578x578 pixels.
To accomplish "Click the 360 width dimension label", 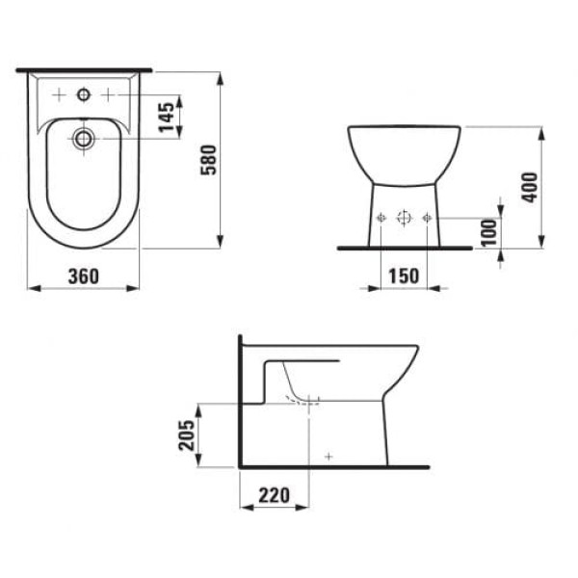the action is (x=83, y=276).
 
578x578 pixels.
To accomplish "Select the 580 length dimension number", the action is (x=208, y=160).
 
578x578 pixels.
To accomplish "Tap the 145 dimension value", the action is (x=167, y=118).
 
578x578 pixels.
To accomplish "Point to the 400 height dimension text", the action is (x=530, y=187).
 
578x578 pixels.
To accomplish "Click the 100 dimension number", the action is (x=489, y=232).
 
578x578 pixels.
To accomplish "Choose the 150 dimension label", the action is (x=404, y=276).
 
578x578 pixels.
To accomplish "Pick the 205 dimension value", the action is (x=187, y=435).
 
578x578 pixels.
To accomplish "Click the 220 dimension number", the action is (x=274, y=495).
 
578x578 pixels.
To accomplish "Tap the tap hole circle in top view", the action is (x=83, y=95).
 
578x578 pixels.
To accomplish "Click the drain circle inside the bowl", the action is (x=83, y=139).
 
